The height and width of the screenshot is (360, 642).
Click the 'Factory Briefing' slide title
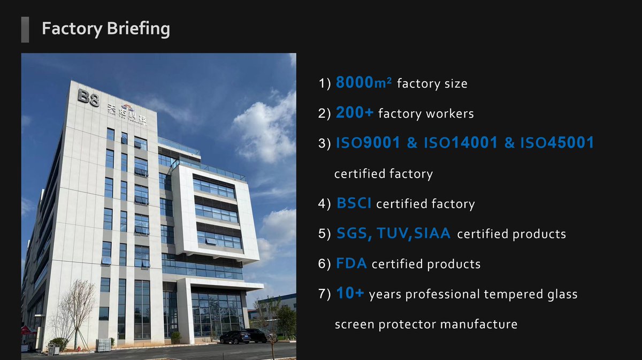105,29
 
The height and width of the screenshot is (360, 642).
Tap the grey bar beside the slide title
25,29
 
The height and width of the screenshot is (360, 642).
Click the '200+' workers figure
355,113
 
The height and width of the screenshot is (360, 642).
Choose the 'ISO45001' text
556,143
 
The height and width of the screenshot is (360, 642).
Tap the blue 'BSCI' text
354,203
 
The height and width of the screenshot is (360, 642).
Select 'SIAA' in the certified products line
432,233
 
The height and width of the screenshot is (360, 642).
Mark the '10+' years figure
350,294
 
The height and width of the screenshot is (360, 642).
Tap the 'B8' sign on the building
88,98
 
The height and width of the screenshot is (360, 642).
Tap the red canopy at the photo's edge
27,331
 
